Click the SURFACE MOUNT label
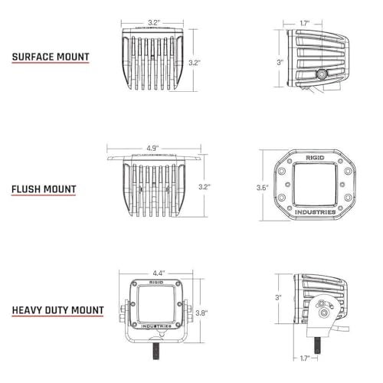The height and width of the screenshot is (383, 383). tap(50, 57)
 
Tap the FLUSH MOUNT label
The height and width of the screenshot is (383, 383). tap(44, 188)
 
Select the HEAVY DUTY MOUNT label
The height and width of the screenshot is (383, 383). tap(57, 310)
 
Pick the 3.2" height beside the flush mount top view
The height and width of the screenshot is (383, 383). tap(204, 186)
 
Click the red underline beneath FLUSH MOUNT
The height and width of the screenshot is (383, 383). tap(44, 198)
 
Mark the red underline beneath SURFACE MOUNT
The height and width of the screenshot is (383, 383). tap(50, 66)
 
